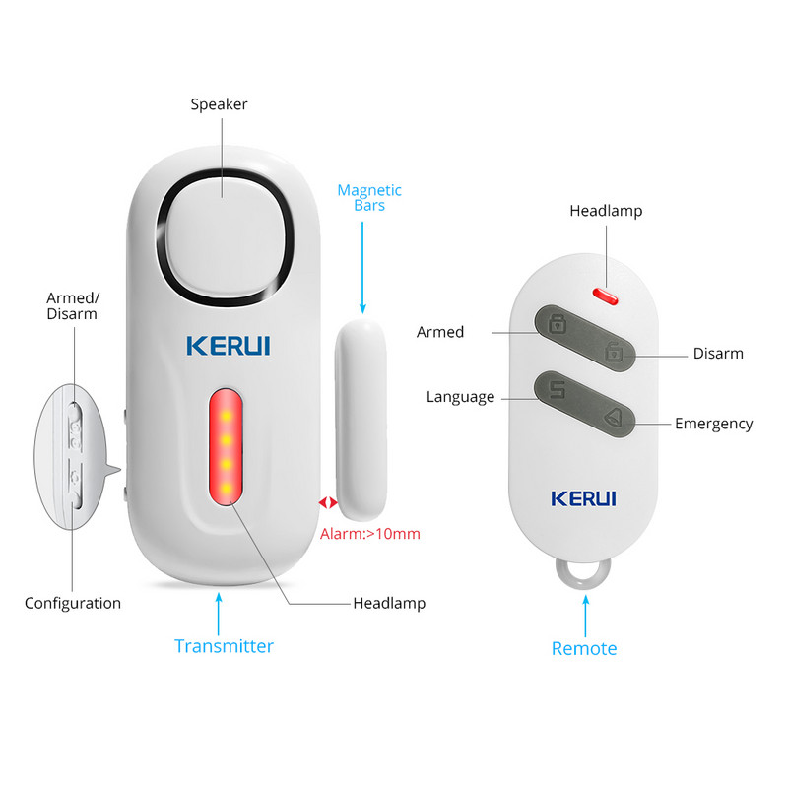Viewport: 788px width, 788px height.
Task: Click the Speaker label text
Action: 219,104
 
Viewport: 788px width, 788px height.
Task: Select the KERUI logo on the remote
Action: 583,496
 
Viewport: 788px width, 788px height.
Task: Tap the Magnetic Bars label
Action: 369,198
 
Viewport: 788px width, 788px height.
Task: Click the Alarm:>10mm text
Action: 370,534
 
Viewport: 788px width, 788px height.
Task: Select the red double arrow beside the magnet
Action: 326,502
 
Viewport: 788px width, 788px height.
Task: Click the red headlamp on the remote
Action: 603,292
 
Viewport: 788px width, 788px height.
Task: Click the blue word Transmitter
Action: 224,646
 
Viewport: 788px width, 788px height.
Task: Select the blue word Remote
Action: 584,648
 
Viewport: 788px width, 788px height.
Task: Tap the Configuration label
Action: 73,603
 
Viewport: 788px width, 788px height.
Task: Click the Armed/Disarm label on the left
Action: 72,305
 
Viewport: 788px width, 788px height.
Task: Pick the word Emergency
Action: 713,424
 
